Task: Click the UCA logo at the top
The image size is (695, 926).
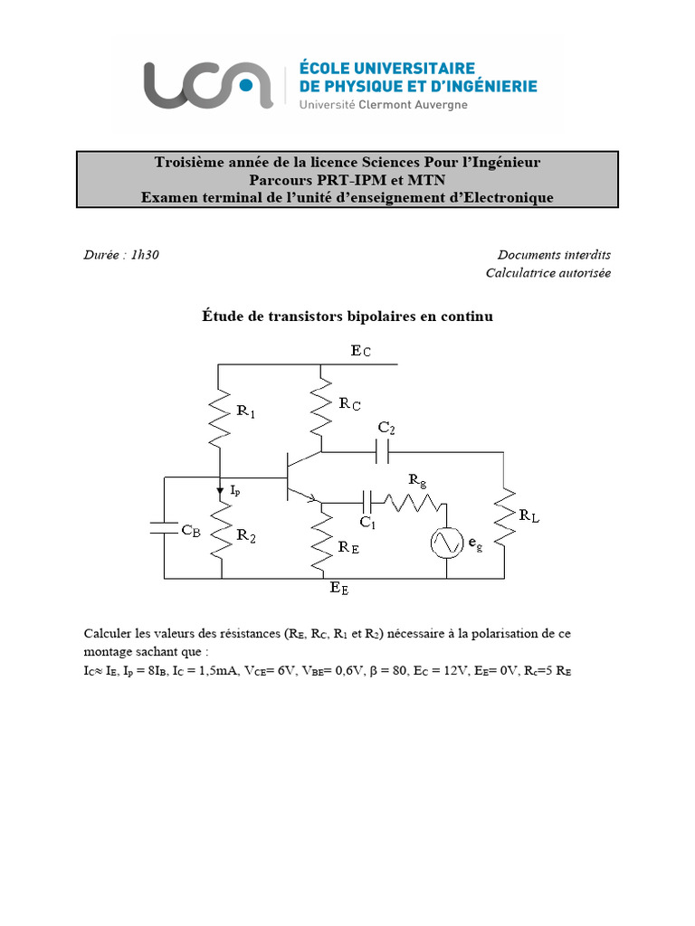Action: tap(207, 86)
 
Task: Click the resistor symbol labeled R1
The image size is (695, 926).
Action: tap(220, 416)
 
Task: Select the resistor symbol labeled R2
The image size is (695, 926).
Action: tap(220, 533)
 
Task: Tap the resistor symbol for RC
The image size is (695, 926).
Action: tap(321, 406)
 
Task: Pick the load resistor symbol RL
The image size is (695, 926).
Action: tap(503, 516)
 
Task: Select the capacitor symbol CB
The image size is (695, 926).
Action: tap(165, 528)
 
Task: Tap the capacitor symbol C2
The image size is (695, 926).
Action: tap(384, 449)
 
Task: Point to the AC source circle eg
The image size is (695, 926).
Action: tap(447, 543)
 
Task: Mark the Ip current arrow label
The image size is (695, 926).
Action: tap(234, 490)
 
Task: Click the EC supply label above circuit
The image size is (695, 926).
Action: tap(360, 351)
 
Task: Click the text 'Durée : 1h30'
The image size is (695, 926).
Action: tap(121, 255)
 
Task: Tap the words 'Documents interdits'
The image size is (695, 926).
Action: tap(554, 255)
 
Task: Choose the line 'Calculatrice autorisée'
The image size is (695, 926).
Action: tap(547, 272)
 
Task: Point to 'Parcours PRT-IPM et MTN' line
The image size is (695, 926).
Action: tap(347, 180)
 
